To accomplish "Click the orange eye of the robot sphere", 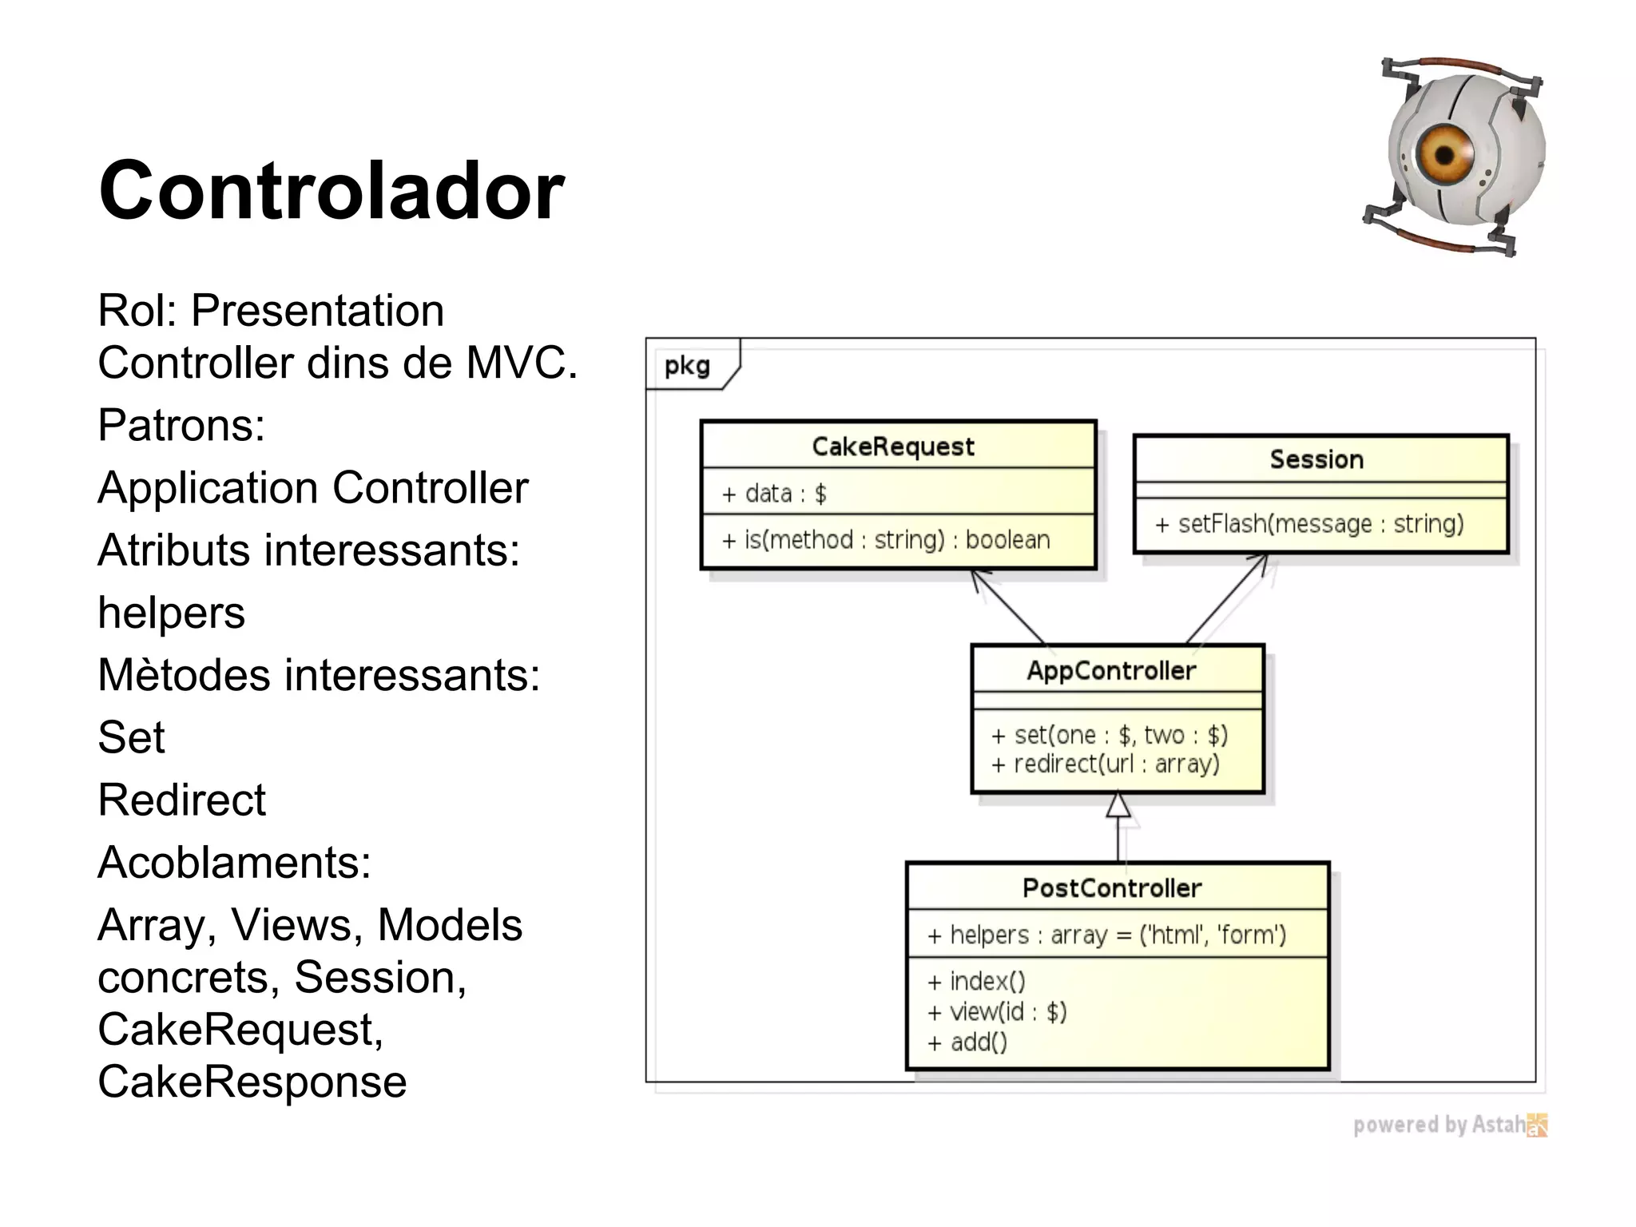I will coord(1444,154).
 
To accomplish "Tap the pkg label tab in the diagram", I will coord(688,366).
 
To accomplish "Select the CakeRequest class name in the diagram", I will coord(893,446).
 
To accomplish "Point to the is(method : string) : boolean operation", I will coord(885,540).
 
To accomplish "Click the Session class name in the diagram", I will coord(1316,459).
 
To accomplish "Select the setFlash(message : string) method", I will coord(1308,524).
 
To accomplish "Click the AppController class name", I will coord(1111,670).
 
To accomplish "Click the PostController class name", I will coord(1111,887).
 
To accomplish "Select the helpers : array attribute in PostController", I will coord(1106,935).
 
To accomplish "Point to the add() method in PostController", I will coord(967,1042).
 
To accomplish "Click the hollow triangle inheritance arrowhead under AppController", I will coord(1118,806).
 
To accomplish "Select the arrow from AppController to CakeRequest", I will coord(1008,607).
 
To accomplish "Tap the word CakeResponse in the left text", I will coord(252,1082).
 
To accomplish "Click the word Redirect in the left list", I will coord(181,800).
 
